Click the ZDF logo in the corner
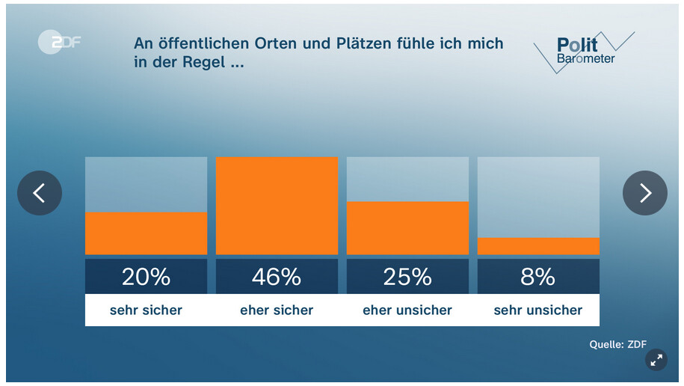pyautogui.click(x=58, y=43)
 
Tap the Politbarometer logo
pyautogui.click(x=584, y=52)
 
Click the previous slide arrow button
pyautogui.click(x=40, y=193)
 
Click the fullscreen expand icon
pyautogui.click(x=656, y=360)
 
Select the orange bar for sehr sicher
pyautogui.click(x=146, y=233)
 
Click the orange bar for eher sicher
pyautogui.click(x=277, y=206)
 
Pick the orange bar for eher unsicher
pyautogui.click(x=407, y=228)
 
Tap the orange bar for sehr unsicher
pyautogui.click(x=538, y=246)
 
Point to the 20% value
pyautogui.click(x=146, y=277)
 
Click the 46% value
pyautogui.click(x=277, y=277)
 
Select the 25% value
pyautogui.click(x=407, y=277)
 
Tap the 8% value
pyautogui.click(x=538, y=277)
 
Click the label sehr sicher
pyautogui.click(x=146, y=310)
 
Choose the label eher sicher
pyautogui.click(x=277, y=310)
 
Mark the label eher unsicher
pyautogui.click(x=407, y=310)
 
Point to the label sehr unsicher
pyautogui.click(x=538, y=310)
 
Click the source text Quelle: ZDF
pyautogui.click(x=617, y=345)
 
